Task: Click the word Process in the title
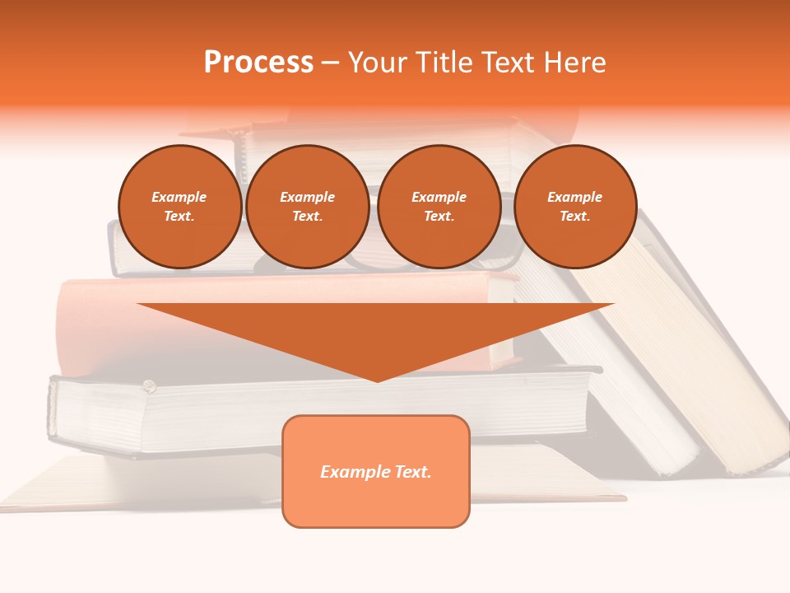(258, 63)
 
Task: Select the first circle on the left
(179, 207)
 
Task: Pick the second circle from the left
(307, 207)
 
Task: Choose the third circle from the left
(439, 207)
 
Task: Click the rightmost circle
(574, 207)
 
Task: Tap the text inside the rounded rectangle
(376, 472)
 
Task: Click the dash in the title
(331, 63)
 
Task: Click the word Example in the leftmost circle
(179, 197)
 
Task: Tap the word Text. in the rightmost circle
(574, 217)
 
